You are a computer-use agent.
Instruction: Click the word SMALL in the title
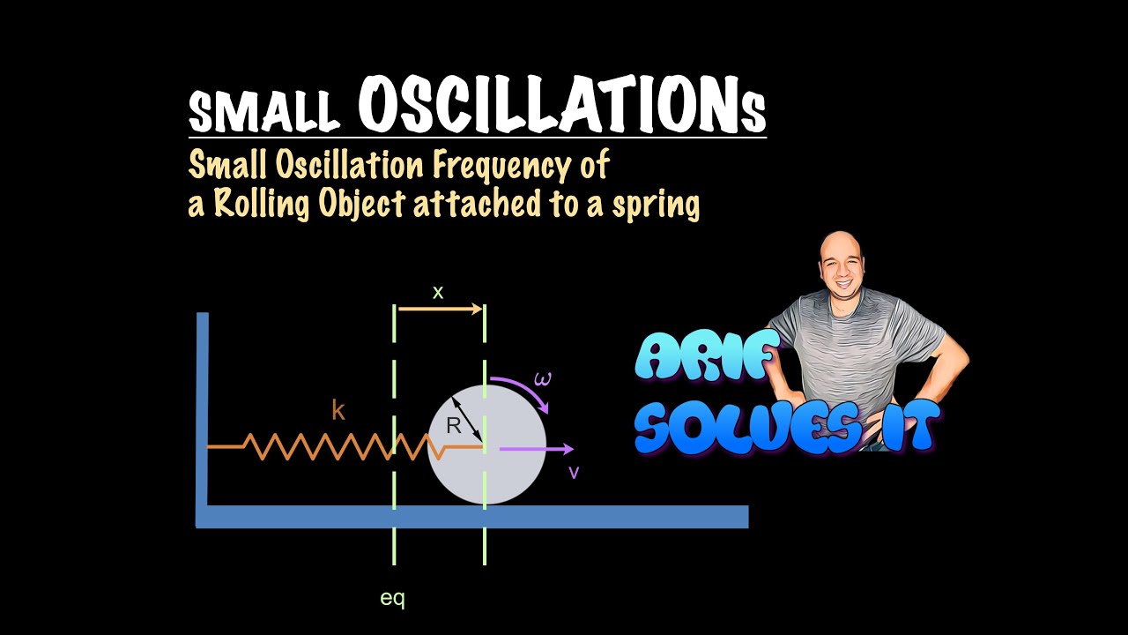[264, 111]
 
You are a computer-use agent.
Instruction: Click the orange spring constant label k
[338, 410]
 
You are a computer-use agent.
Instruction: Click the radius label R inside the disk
[454, 426]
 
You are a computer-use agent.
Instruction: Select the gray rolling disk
[511, 476]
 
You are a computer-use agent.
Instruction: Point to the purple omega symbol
[543, 380]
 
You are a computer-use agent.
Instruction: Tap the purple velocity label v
[574, 473]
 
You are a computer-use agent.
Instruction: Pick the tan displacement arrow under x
[440, 309]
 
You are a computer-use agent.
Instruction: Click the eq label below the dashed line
[392, 598]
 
